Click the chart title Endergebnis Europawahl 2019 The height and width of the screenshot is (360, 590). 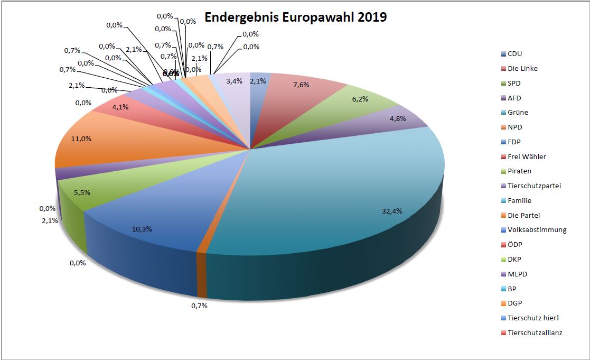[x=295, y=17]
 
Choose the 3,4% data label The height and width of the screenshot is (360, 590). [x=234, y=81]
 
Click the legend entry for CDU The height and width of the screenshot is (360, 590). [x=514, y=53]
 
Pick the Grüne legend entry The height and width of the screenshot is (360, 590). [x=518, y=112]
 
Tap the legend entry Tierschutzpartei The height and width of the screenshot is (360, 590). [x=533, y=186]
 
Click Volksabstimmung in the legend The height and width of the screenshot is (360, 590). [x=537, y=229]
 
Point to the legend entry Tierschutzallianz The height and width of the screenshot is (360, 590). [x=535, y=333]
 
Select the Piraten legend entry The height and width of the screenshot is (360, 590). [x=519, y=171]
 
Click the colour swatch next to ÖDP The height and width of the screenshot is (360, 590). [x=503, y=245]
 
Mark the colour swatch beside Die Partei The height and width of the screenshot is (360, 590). [x=503, y=215]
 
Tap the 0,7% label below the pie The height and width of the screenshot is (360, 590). [x=199, y=306]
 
